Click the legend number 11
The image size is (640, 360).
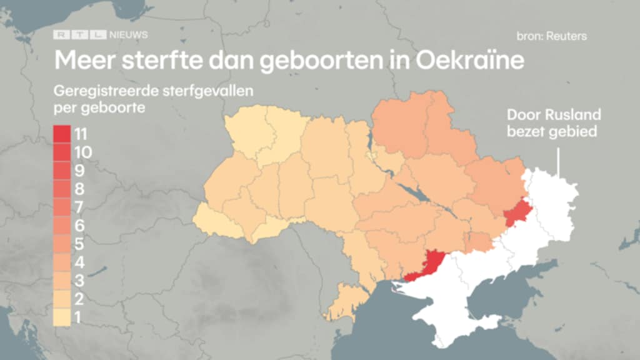point(80,134)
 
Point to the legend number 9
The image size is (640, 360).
point(79,170)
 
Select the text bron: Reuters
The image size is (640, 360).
point(551,36)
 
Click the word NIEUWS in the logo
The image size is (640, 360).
point(128,36)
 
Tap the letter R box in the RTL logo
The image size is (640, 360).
point(62,36)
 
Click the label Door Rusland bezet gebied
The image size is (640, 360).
point(554,123)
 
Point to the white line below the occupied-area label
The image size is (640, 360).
point(557,161)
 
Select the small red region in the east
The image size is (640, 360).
point(516,213)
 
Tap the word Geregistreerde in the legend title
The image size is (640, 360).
point(98,92)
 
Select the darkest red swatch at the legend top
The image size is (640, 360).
point(61,134)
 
